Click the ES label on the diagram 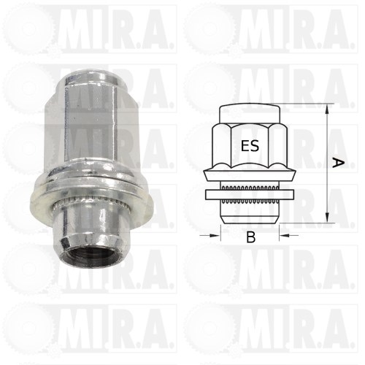click(x=250, y=146)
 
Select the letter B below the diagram click(x=250, y=237)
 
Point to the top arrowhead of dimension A click(x=328, y=109)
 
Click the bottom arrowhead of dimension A click(x=328, y=218)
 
